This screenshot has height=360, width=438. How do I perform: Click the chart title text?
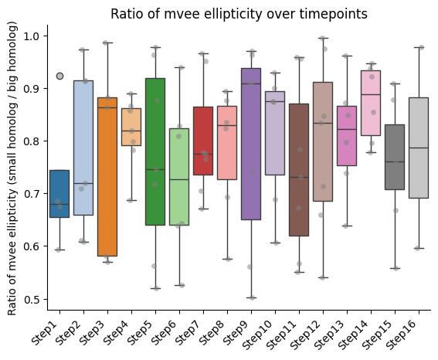tap(239, 14)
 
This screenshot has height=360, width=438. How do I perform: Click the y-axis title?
tap(12, 168)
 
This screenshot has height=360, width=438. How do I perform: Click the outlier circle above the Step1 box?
tap(59, 76)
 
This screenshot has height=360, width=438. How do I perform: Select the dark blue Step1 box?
tap(59, 194)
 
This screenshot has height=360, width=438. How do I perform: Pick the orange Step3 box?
tap(107, 177)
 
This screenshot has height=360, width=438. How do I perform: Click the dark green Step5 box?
tap(155, 151)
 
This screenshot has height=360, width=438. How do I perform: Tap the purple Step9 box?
tap(251, 144)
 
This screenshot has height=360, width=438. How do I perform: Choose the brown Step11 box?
tap(299, 170)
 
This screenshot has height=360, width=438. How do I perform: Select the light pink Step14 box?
tap(371, 103)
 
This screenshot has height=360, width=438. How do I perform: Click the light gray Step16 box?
tap(419, 148)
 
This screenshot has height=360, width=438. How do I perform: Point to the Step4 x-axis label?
tap(116, 333)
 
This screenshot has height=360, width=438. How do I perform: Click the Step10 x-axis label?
tap(256, 335)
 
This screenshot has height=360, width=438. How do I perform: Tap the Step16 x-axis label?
tap(401, 335)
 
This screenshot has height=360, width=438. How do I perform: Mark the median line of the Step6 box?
tap(179, 179)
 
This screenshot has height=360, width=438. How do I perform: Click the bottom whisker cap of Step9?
tap(251, 297)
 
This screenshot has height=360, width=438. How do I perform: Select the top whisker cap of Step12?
tap(323, 38)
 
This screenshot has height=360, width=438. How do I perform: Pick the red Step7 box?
tap(203, 141)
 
